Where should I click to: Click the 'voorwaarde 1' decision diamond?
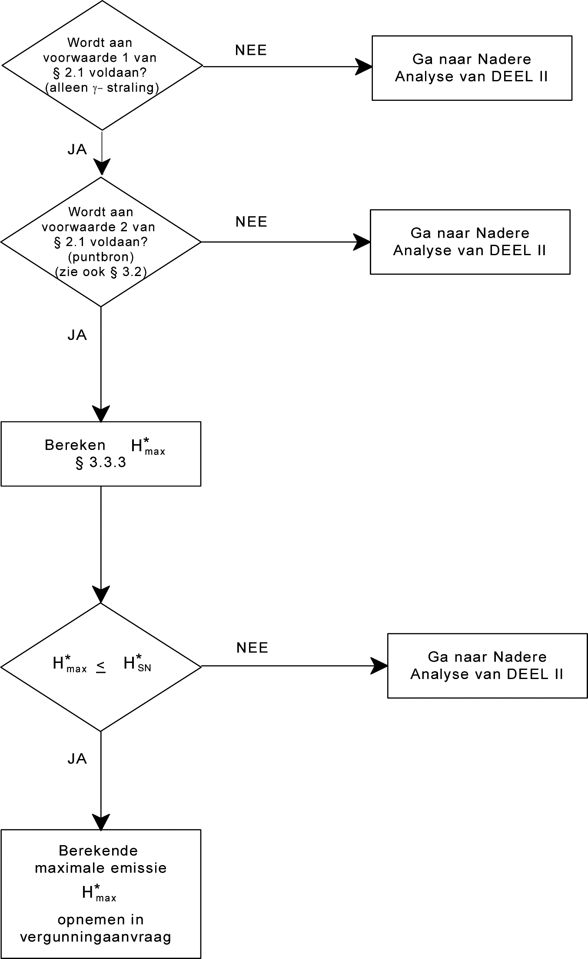coord(102,66)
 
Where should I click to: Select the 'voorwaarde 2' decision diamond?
coord(101,242)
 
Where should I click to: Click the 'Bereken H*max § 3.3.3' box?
coord(101,453)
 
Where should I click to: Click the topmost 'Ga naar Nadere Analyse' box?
coord(472,68)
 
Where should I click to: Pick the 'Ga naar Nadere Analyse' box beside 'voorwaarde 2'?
coord(470,242)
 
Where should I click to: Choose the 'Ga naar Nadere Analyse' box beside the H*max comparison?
coord(487,666)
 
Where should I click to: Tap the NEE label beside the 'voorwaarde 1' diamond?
coord(251,50)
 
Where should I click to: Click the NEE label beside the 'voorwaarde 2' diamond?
coord(251,222)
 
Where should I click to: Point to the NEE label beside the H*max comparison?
coord(252,648)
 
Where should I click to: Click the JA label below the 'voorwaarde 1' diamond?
coord(77,150)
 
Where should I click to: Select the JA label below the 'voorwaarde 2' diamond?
coord(77,335)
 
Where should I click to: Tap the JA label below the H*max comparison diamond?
coord(77,759)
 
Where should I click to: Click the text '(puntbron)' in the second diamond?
coord(101,257)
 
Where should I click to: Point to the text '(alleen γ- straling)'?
coord(102,88)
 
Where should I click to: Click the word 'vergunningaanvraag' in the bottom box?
coord(96,937)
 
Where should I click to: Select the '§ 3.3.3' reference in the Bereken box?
coord(101,463)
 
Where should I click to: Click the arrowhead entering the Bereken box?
coord(101,413)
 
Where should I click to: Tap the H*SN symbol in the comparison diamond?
coord(137,663)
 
